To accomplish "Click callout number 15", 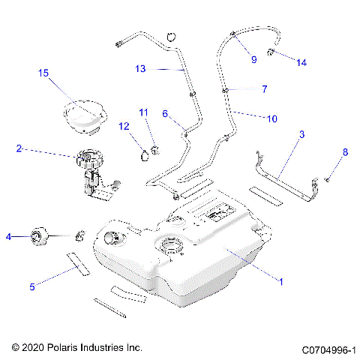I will click(43, 73).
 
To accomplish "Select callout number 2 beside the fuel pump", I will click(19, 148).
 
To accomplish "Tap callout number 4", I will click(8, 236).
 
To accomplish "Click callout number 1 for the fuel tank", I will click(280, 283).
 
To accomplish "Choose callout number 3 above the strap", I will click(301, 134).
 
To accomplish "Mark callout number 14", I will click(301, 63).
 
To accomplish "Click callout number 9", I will click(253, 58).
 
